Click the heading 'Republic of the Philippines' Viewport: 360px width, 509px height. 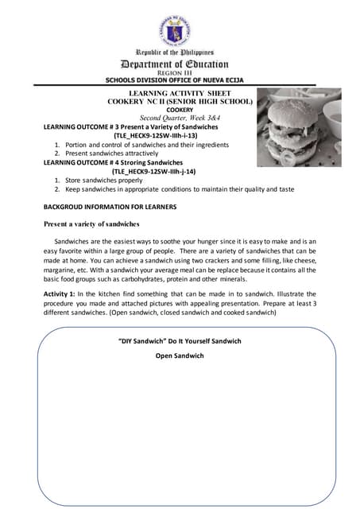180,52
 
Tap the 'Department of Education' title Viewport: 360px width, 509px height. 180,64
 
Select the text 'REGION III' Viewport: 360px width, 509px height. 180,73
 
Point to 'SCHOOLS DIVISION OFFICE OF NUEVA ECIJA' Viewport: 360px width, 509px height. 180,80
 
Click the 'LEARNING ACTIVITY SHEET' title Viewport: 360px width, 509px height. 180,94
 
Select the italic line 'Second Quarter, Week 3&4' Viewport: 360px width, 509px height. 180,118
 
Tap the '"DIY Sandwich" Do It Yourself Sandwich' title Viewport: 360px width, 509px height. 180,341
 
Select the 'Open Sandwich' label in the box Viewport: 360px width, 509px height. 180,356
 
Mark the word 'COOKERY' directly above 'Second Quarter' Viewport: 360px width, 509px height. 180,110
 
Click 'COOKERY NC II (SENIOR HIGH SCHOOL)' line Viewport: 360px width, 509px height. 180,102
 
